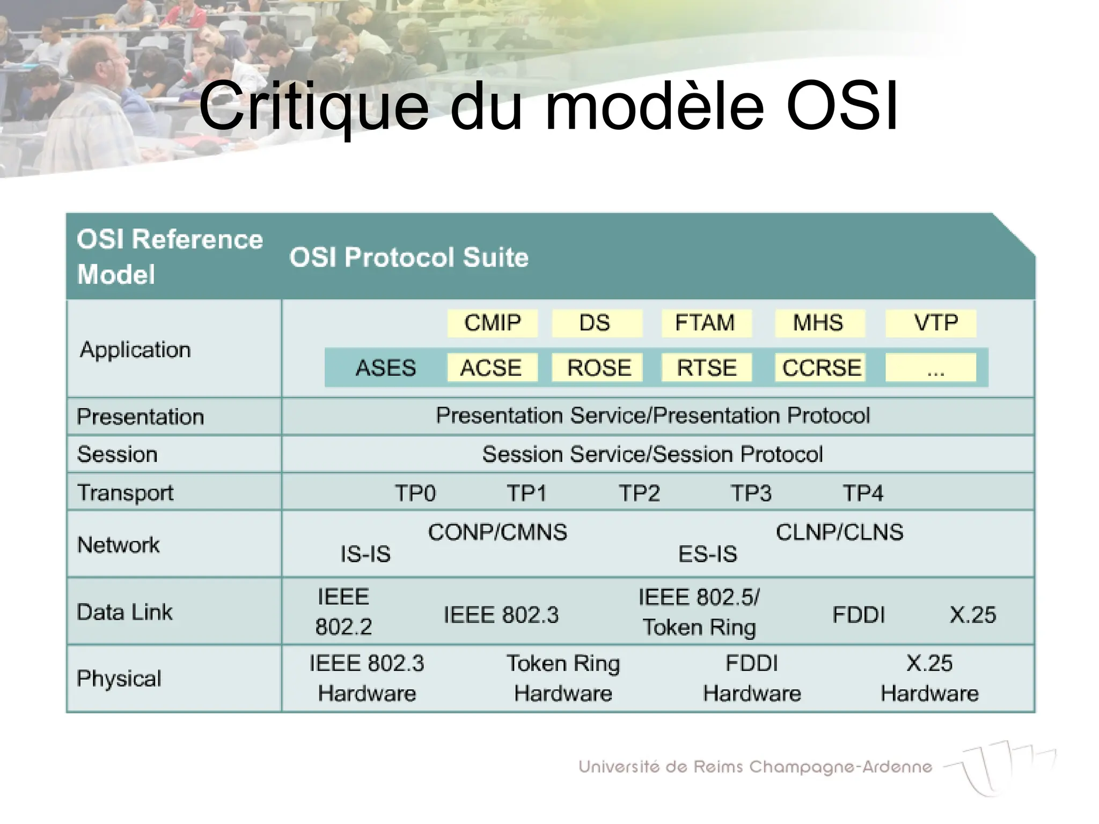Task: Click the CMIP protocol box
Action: tap(492, 323)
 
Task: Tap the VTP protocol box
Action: tap(931, 323)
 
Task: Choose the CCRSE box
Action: tap(820, 367)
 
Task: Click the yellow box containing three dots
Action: tap(931, 367)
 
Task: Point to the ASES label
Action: tap(385, 368)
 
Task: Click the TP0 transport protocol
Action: tap(415, 492)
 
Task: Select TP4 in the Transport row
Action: tap(863, 492)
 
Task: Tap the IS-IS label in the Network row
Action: tap(365, 554)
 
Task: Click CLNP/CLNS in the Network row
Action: tap(839, 532)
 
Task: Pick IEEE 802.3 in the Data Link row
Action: tap(501, 615)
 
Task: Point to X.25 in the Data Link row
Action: tap(972, 615)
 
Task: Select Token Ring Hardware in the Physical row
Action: tap(563, 678)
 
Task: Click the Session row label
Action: tap(118, 454)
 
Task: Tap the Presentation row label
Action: tap(140, 417)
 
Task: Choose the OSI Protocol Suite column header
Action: tap(409, 257)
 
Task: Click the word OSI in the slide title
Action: tap(841, 106)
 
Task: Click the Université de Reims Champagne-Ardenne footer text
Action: tap(755, 767)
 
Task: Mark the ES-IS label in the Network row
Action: tap(708, 554)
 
